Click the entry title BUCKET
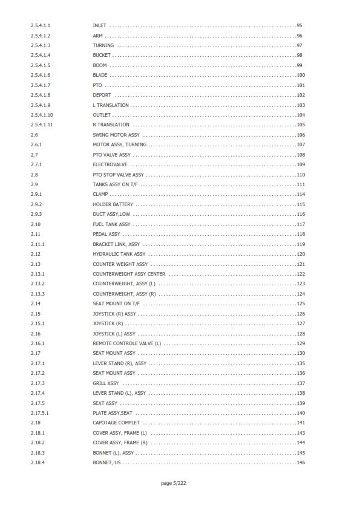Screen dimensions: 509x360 pos(102,56)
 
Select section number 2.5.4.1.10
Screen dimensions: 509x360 pos(42,115)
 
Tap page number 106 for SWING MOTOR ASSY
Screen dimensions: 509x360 pos(301,135)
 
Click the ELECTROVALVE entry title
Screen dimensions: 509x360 pos(110,164)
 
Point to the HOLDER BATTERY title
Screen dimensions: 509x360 pos(113,204)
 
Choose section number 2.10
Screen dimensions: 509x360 pos(36,224)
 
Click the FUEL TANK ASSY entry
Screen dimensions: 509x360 pos(111,224)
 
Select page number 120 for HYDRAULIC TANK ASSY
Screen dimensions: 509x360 pos(301,254)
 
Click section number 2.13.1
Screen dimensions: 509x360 pos(38,274)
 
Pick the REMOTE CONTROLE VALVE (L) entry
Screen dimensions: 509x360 pos(126,343)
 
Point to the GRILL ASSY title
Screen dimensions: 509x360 pos(106,383)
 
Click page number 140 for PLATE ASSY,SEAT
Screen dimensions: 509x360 pos(301,413)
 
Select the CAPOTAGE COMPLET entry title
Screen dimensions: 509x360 pos(116,423)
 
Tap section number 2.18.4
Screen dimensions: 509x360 pos(38,462)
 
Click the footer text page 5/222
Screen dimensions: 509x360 pos(174,483)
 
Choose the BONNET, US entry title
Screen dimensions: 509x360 pos(106,462)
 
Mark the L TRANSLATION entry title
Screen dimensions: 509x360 pos(111,105)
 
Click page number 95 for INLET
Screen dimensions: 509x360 pos(299,26)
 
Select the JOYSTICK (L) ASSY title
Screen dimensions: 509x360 pos(114,334)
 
